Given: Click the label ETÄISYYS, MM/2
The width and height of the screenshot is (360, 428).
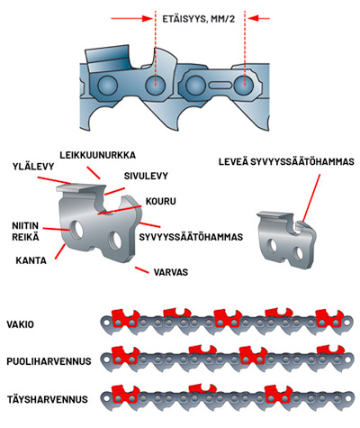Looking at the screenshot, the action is tap(199, 19).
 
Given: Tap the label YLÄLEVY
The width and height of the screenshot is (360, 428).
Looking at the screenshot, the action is tap(33, 167).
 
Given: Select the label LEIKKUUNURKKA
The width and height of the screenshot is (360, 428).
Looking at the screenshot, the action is tap(97, 155).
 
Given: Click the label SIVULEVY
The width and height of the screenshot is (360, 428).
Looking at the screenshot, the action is tap(146, 176).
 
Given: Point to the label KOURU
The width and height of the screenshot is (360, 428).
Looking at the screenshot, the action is tap(161, 201).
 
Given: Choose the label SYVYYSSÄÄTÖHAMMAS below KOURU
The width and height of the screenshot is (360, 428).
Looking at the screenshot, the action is tap(191, 237).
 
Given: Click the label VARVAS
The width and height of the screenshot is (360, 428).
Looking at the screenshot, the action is tap(171, 272).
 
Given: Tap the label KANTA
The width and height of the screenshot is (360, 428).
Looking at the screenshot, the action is tap(31, 260).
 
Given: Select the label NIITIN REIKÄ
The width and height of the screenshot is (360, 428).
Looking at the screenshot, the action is tap(25, 232).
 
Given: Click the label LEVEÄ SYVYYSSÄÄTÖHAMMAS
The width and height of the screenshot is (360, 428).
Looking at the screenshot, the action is tap(286, 162).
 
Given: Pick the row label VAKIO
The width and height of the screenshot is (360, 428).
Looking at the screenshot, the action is tap(21, 324).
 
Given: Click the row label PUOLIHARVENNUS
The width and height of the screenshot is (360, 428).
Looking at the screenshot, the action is tap(49, 361).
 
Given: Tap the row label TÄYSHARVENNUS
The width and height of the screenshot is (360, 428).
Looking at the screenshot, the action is tap(48, 399).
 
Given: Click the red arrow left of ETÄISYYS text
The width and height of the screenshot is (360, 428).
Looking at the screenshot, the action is tap(132, 19).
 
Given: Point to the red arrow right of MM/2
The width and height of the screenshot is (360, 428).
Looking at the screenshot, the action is tap(258, 19).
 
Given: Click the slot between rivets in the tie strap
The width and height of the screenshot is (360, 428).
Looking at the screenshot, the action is tap(220, 85).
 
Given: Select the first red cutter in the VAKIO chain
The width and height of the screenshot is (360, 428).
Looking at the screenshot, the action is tap(125, 318).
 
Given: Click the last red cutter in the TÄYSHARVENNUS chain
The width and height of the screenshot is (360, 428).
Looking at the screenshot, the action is tap(279, 394).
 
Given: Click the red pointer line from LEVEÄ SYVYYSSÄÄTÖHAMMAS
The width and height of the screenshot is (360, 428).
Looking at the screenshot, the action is tap(311, 198).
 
